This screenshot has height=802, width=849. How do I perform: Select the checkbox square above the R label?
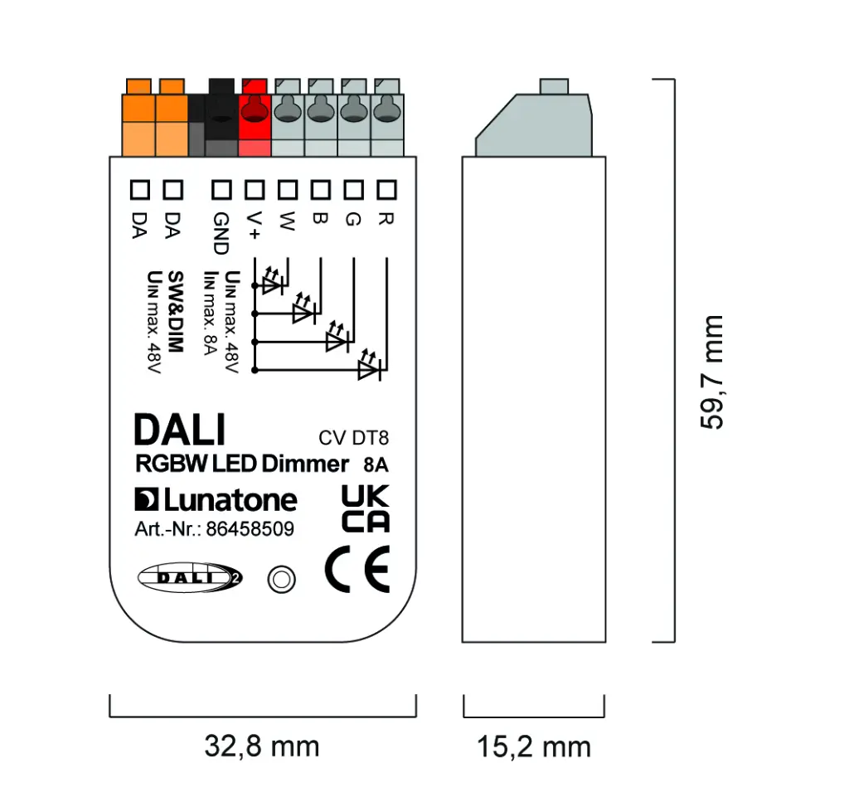click(x=386, y=190)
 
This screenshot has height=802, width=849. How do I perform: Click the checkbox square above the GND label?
click(x=221, y=190)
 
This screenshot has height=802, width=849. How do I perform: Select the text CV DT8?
click(x=353, y=439)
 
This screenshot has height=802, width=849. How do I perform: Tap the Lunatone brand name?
click(x=216, y=500)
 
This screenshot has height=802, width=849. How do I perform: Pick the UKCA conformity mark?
click(x=366, y=509)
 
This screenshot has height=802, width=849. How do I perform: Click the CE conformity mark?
click(x=357, y=571)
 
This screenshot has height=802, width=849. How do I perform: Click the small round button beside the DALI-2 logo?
click(x=281, y=578)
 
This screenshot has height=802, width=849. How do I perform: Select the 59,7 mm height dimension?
click(x=711, y=372)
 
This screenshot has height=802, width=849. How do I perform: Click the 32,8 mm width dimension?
click(x=262, y=746)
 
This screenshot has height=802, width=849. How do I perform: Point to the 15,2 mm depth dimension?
click(x=534, y=746)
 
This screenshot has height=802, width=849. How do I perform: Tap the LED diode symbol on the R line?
click(x=367, y=370)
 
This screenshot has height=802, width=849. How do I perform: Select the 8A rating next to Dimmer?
click(x=376, y=464)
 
